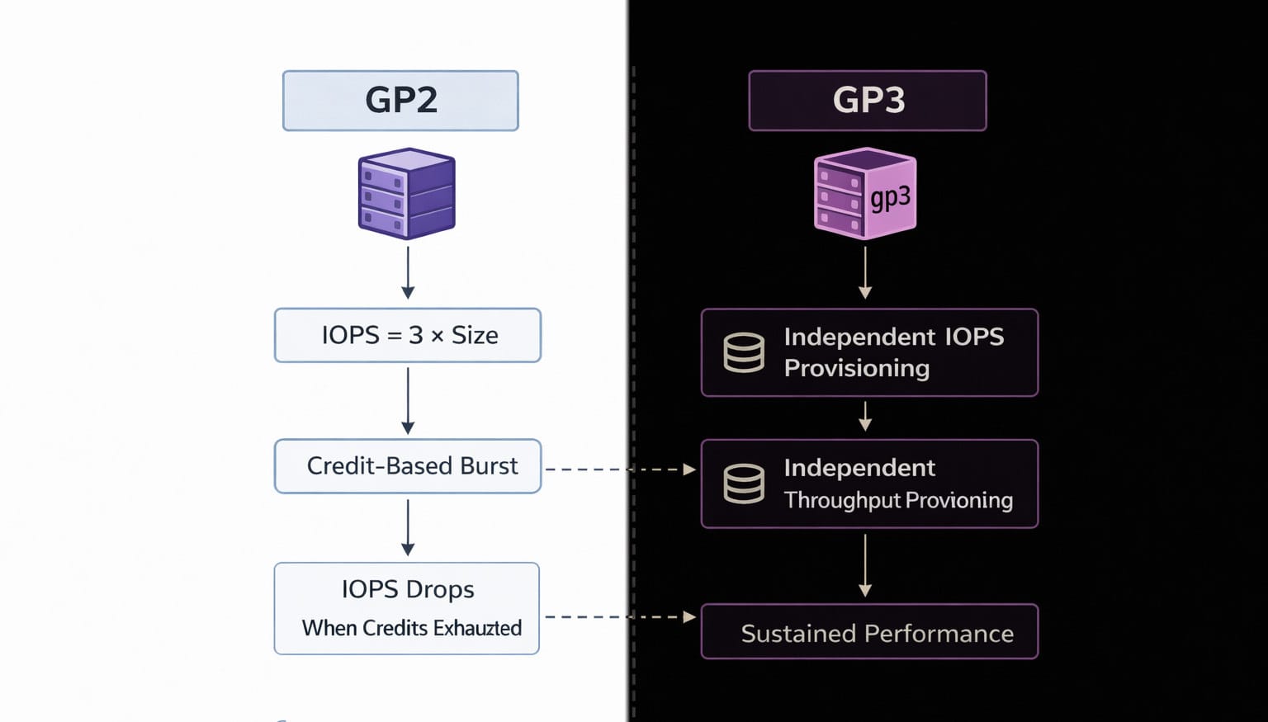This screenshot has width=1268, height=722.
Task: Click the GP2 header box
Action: click(400, 101)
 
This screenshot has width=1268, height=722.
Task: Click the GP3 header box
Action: click(868, 101)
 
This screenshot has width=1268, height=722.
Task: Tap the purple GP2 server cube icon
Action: click(406, 194)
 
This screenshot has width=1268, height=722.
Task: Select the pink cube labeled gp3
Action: click(864, 194)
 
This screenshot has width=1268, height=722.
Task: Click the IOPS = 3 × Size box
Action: click(408, 335)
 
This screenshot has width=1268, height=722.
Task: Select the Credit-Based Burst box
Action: click(408, 466)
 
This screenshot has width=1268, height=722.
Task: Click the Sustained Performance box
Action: click(869, 632)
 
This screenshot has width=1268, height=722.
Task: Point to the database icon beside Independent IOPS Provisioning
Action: click(744, 352)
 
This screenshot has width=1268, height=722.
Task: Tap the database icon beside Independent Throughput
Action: click(744, 484)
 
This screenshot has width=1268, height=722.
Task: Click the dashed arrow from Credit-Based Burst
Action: click(619, 470)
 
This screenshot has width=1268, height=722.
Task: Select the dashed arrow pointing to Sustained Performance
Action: click(619, 616)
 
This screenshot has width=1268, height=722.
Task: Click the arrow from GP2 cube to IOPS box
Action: click(408, 272)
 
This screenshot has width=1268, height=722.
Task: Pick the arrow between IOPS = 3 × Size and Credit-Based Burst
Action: click(408, 400)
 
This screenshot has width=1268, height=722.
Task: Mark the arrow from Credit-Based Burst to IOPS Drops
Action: click(408, 527)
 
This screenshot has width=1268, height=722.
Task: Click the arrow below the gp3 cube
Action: click(865, 272)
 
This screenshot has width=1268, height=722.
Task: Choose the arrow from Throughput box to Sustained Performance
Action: click(865, 565)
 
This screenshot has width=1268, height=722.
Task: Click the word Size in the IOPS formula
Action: click(475, 335)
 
